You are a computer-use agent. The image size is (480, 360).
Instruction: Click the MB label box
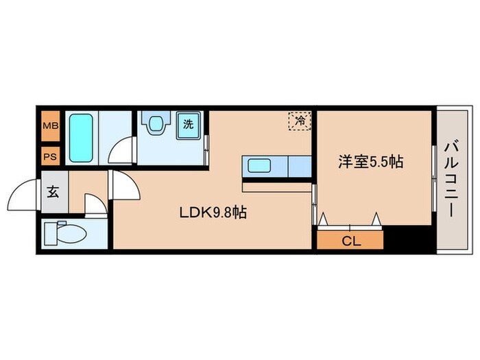click(50, 125)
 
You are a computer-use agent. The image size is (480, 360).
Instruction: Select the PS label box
click(50, 156)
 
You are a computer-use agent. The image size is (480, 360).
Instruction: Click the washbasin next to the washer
click(156, 124)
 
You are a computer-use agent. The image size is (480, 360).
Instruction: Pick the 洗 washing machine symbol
click(188, 124)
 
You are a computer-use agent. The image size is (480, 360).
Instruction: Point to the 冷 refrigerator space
click(300, 121)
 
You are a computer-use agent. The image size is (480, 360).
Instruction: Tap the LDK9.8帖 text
click(213, 213)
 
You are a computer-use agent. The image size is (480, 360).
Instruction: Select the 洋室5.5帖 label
click(370, 162)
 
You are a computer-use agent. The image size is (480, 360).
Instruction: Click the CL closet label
click(350, 241)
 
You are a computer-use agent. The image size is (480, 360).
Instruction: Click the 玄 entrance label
click(53, 192)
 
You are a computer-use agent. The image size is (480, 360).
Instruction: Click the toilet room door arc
click(94, 204)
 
